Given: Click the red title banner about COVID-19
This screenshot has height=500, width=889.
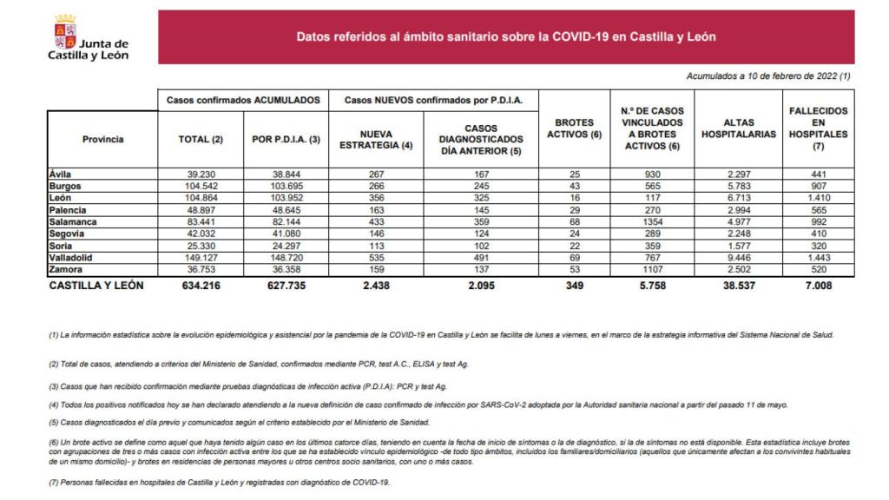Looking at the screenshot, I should tap(506, 38).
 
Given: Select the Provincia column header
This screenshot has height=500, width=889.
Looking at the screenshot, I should tap(102, 139).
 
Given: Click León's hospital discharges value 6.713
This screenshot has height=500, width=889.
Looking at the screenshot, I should tap(737, 198).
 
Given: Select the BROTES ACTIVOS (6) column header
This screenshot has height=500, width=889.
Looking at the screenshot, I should tap(574, 128).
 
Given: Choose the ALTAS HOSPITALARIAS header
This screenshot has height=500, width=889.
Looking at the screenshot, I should tap(737, 128).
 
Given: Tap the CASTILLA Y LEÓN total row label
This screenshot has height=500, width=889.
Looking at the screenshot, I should tap(96, 286).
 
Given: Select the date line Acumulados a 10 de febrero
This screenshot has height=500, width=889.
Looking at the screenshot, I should tap(767, 76).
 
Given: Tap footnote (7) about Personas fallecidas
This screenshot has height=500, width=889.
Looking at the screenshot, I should tap(220, 483).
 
